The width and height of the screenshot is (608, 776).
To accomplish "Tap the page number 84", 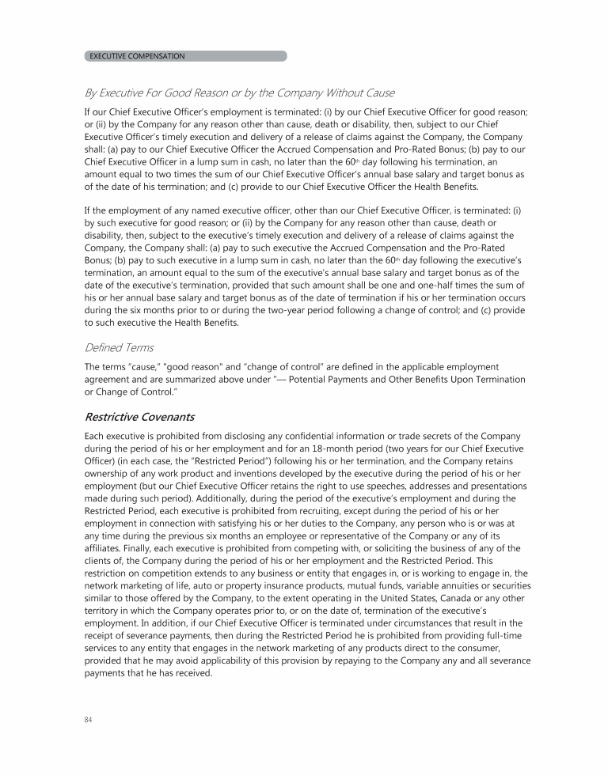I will click(x=88, y=719).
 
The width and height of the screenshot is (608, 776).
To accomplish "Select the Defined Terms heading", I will click(x=119, y=347).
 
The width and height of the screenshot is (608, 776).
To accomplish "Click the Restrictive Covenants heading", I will click(x=139, y=416).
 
